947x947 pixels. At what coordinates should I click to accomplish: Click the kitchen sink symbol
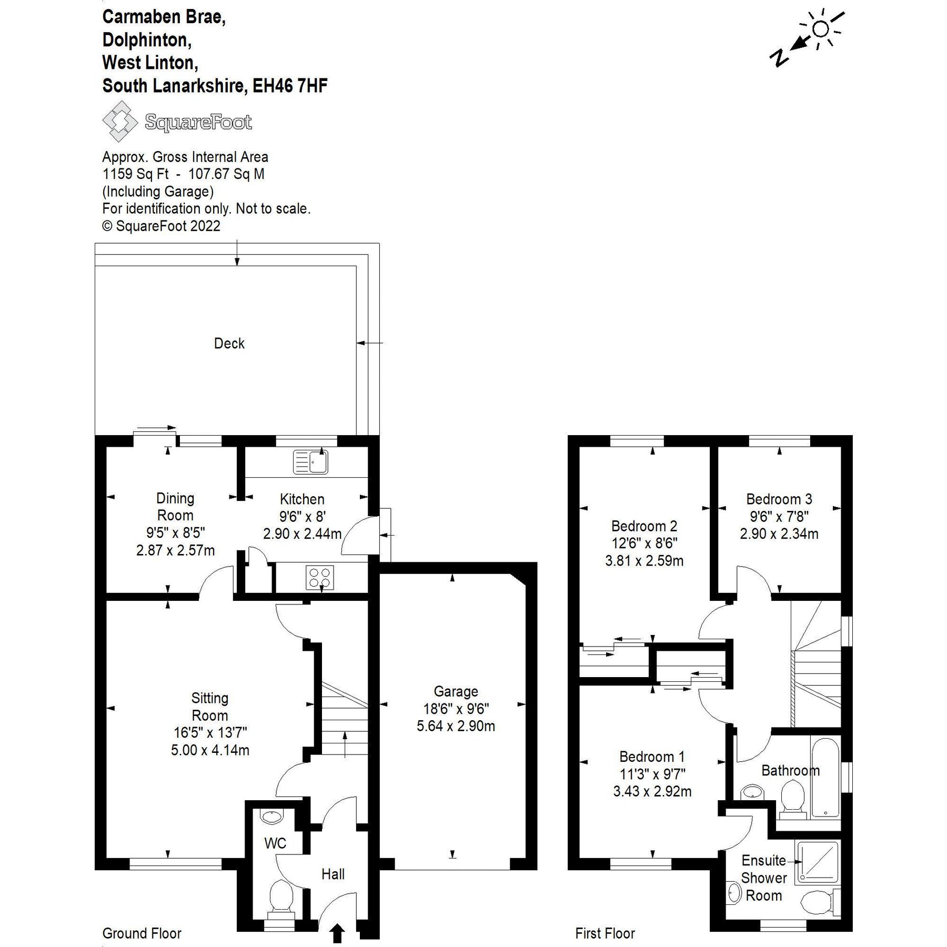310,462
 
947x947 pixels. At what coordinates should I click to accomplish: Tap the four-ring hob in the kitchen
320,577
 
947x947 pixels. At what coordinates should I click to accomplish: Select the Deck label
229,344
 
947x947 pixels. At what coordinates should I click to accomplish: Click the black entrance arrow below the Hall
337,933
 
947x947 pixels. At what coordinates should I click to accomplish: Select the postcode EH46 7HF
290,86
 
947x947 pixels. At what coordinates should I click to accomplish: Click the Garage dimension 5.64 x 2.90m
456,726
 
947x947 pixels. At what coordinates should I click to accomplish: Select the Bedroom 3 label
779,499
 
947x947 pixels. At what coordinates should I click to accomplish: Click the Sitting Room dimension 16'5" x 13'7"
210,732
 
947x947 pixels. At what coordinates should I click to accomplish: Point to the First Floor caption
605,933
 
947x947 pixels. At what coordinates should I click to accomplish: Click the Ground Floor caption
142,933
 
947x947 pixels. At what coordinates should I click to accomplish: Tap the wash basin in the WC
271,817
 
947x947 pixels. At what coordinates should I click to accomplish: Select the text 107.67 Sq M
226,174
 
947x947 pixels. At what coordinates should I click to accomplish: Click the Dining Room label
175,507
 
